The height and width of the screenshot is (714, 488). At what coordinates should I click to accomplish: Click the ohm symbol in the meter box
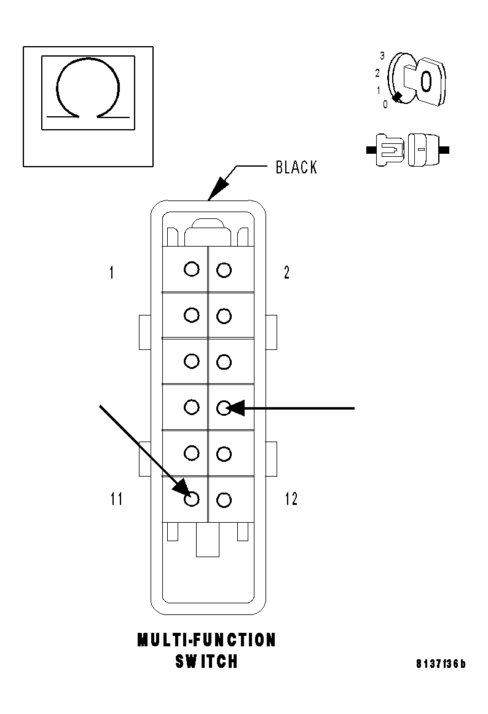click(88, 90)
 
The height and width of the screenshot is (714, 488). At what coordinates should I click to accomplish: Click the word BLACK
click(296, 167)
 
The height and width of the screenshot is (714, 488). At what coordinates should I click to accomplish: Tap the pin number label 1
click(111, 272)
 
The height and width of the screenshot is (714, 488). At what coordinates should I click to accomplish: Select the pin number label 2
click(286, 272)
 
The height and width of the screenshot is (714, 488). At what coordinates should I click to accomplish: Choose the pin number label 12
click(291, 499)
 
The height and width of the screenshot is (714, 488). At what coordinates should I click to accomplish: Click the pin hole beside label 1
click(192, 269)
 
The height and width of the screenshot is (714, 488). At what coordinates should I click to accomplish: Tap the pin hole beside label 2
click(224, 269)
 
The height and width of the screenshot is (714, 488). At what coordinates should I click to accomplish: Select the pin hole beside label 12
click(224, 499)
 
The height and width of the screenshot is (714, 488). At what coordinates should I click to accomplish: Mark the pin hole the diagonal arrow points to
click(192, 499)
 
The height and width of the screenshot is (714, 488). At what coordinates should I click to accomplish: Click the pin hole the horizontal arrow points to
click(224, 407)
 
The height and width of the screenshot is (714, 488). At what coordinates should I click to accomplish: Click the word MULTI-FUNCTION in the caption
click(207, 640)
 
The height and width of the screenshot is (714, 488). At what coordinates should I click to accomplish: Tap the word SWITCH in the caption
click(207, 662)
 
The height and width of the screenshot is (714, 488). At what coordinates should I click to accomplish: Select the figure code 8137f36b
click(441, 664)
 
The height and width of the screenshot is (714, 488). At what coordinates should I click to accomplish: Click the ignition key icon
click(421, 80)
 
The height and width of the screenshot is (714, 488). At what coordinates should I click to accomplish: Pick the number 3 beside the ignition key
click(382, 56)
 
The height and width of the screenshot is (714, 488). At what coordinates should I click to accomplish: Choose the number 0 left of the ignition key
click(385, 105)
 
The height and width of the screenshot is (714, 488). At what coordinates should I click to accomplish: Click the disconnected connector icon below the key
click(407, 149)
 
